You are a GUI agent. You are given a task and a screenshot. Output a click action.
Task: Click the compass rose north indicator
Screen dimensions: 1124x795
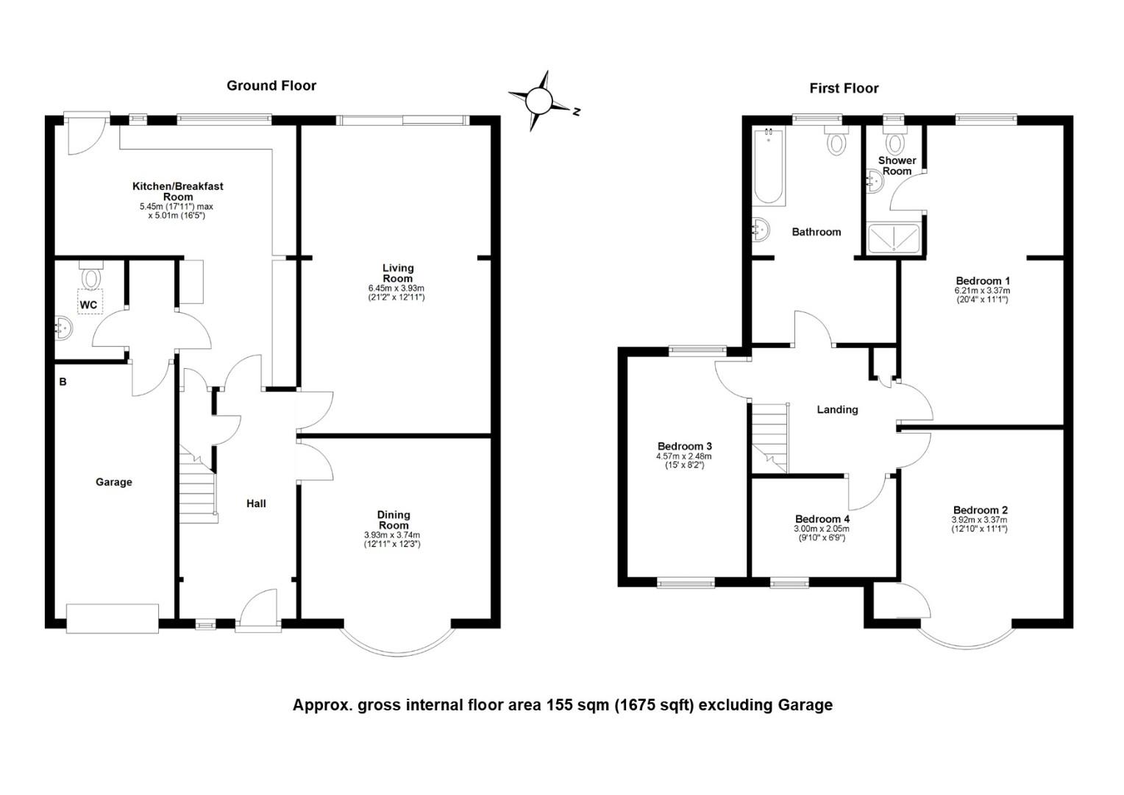(x=577, y=112)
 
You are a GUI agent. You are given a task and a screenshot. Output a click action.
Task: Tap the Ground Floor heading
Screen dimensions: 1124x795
(x=271, y=86)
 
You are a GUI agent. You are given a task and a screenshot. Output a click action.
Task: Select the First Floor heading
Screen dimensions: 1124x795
(x=844, y=88)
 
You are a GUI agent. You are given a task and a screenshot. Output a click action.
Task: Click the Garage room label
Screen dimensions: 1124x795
(x=114, y=482)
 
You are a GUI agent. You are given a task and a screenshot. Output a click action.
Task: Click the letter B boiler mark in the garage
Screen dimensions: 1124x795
(x=63, y=382)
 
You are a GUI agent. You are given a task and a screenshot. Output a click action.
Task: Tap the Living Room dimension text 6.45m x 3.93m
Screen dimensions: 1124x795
(x=396, y=289)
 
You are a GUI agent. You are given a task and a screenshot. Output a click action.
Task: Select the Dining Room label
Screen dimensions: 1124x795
(x=394, y=520)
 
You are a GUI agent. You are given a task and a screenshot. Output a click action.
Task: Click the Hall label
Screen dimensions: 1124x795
(x=256, y=504)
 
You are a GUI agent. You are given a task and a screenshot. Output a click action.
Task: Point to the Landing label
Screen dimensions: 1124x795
(x=837, y=410)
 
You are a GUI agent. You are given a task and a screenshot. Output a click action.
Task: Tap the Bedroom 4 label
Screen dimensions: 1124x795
(x=822, y=519)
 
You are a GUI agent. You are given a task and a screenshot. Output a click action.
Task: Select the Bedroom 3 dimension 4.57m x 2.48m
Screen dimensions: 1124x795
(x=684, y=456)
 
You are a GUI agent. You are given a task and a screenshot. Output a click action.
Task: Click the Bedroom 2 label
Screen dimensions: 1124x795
(x=981, y=510)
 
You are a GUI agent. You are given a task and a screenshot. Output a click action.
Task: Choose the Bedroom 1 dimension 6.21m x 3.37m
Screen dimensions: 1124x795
(x=983, y=291)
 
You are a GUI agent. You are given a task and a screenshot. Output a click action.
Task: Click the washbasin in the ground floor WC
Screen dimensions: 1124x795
(x=63, y=328)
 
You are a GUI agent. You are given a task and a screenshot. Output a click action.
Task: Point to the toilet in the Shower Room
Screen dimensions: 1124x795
(x=894, y=140)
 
